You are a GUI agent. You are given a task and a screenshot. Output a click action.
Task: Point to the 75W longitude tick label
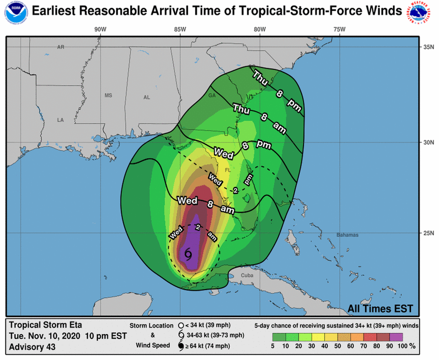tap(339, 30)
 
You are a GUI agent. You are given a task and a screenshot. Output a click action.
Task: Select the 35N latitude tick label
tap(429, 47)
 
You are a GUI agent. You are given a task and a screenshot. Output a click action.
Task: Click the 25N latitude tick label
tap(429, 233)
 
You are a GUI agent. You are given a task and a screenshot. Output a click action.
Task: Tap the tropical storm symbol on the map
tap(188, 255)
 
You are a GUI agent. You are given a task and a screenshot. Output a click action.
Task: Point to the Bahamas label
tap(347, 235)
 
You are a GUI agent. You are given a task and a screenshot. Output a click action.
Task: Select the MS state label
tap(108, 95)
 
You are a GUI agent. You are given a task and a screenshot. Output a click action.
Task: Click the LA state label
tap(60, 120)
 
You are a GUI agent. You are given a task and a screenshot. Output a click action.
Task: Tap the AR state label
tap(60, 47)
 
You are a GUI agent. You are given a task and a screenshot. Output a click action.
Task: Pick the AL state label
tap(147, 98)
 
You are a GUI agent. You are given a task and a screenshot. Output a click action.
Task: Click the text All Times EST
tap(380, 308)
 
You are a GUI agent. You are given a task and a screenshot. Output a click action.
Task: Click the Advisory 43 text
tap(32, 347)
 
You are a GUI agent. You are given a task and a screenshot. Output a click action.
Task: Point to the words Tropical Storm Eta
tap(45, 325)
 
